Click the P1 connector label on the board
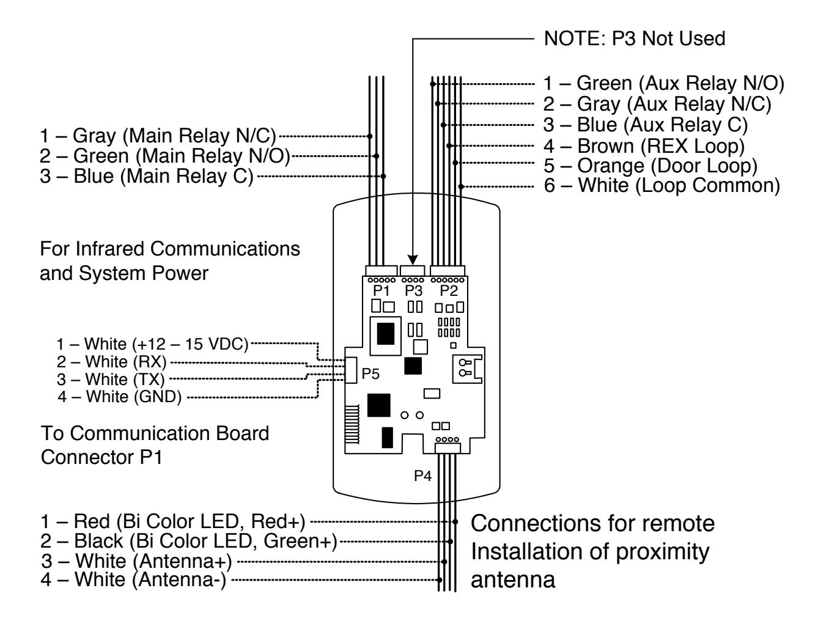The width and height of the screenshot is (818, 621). click(x=380, y=290)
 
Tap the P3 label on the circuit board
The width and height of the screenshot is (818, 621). click(x=413, y=290)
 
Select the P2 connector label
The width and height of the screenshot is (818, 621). click(x=448, y=290)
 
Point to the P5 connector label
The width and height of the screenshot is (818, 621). click(x=370, y=373)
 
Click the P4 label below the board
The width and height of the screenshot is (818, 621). click(x=422, y=476)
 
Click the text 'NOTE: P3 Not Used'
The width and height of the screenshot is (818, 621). click(x=634, y=39)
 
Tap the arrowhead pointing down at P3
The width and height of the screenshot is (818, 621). click(x=412, y=260)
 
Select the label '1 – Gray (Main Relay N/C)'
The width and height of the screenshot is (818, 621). click(x=158, y=136)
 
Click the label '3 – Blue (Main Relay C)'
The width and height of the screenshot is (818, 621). click(x=147, y=176)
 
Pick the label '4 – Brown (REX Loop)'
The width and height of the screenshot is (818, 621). click(x=644, y=145)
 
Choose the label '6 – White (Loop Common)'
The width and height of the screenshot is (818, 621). click(x=662, y=186)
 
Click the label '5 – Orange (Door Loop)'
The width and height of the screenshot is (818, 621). click(x=650, y=166)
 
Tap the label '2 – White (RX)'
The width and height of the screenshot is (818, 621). click(x=111, y=362)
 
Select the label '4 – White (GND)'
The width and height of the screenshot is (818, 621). click(x=119, y=397)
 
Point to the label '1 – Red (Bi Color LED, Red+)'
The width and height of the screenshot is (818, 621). click(x=172, y=521)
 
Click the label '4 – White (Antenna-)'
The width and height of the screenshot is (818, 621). click(x=133, y=579)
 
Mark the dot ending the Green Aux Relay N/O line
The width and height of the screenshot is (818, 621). click(x=432, y=84)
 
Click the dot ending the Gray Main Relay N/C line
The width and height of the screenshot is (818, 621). click(x=369, y=136)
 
